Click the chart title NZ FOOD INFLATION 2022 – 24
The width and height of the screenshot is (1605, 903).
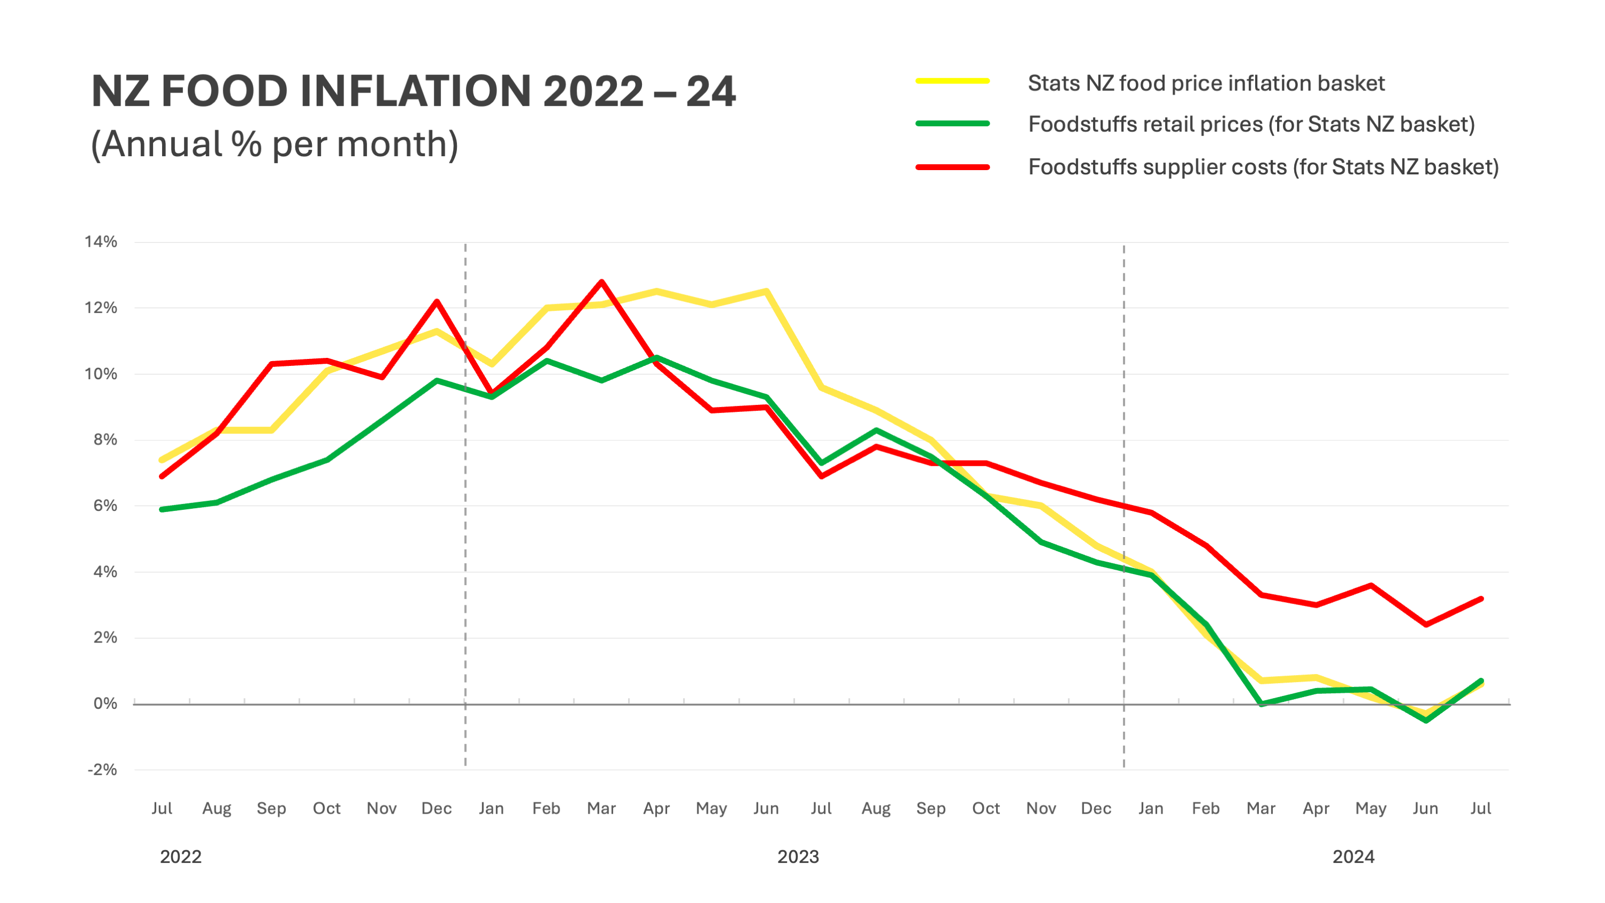tap(413, 91)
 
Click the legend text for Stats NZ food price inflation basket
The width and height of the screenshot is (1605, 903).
tap(1205, 83)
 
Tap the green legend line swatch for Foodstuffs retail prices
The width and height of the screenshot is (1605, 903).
tap(953, 124)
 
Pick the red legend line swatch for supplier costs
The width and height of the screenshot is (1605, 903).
tap(953, 167)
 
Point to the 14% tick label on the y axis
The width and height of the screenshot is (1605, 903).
tap(101, 242)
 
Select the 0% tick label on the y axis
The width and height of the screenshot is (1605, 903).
tap(105, 703)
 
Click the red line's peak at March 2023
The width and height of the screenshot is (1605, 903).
tap(601, 282)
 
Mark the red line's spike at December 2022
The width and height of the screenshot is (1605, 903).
tap(437, 302)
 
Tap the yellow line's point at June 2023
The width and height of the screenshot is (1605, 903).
tap(766, 291)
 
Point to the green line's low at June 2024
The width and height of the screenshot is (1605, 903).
tap(1426, 721)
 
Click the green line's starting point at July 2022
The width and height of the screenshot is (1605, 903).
tap(162, 509)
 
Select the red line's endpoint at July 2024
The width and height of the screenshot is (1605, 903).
tap(1480, 599)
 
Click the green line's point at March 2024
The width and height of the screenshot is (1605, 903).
tap(1261, 703)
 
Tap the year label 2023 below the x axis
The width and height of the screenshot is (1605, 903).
tap(798, 857)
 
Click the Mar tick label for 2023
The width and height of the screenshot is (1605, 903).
tap(601, 808)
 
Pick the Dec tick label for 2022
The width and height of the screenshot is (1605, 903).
tap(436, 808)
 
